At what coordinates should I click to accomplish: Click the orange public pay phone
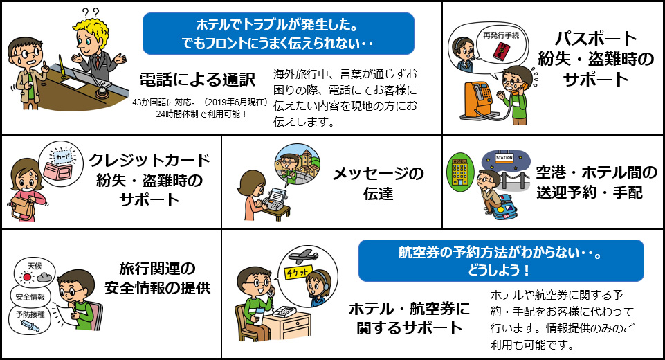pyautogui.click(x=477, y=99)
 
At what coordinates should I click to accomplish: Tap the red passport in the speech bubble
pyautogui.click(x=502, y=51)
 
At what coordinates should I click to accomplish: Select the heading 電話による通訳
pyautogui.click(x=197, y=80)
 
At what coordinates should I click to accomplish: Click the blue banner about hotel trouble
pyautogui.click(x=278, y=33)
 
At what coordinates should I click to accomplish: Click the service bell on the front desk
pyautogui.click(x=102, y=90)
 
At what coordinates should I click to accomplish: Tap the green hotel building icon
pyautogui.click(x=460, y=174)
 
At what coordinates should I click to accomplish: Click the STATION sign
pyautogui.click(x=504, y=158)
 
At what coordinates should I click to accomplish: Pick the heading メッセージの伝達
pyautogui.click(x=378, y=183)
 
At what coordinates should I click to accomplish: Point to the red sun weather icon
pyautogui.click(x=28, y=278)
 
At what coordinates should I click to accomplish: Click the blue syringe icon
pyautogui.click(x=30, y=326)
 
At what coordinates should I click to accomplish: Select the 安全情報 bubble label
pyautogui.click(x=30, y=297)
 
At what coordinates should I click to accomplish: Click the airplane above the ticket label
pyautogui.click(x=303, y=256)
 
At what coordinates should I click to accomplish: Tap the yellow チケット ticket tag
pyautogui.click(x=298, y=272)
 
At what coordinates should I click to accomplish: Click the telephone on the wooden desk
pyautogui.click(x=284, y=312)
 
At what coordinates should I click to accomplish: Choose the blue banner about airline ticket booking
pyautogui.click(x=501, y=261)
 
